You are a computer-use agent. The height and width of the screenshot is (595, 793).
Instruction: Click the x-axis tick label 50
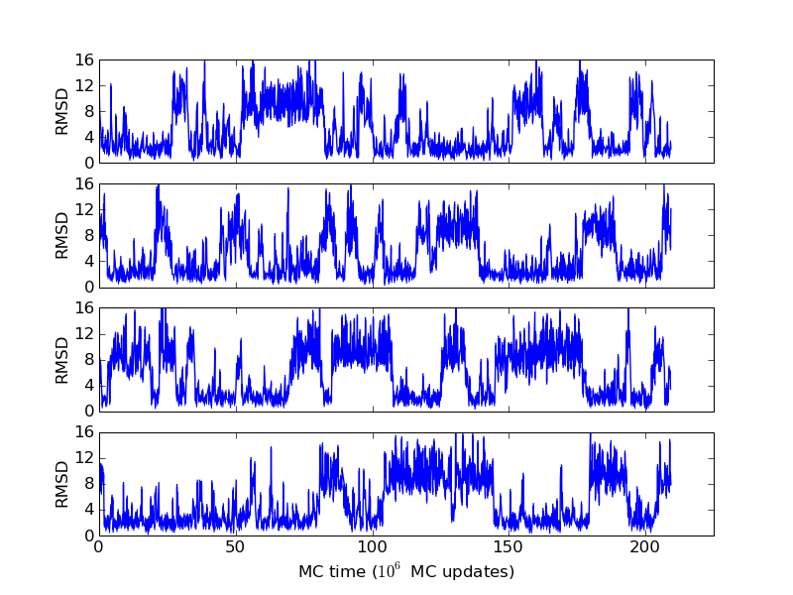(235, 546)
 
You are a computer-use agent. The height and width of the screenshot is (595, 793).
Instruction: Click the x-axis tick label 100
(372, 546)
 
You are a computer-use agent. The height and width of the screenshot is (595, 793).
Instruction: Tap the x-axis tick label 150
(509, 546)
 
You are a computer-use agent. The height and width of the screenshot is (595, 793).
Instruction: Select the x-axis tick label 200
(645, 546)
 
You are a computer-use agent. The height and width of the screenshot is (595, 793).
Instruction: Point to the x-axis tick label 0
(98, 546)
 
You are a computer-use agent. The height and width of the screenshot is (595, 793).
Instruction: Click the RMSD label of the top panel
(62, 111)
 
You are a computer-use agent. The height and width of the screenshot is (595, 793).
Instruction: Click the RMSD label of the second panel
(62, 235)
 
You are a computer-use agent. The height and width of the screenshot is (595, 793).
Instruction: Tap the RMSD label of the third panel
(62, 359)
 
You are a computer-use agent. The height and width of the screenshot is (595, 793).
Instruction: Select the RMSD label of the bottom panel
(62, 483)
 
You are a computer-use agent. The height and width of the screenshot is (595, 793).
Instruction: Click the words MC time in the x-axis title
(331, 572)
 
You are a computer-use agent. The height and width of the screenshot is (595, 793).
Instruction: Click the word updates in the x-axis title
(481, 572)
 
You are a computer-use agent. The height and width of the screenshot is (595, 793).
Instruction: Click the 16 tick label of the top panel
(83, 59)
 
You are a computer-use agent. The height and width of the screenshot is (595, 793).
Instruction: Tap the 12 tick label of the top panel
(83, 85)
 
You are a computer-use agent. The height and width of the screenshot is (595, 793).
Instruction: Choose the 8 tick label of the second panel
(87, 235)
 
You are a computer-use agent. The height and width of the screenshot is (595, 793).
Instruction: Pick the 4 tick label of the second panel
(87, 261)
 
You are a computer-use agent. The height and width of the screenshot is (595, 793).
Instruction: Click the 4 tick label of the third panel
(87, 385)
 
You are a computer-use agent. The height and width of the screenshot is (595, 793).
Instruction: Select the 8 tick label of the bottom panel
(87, 483)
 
